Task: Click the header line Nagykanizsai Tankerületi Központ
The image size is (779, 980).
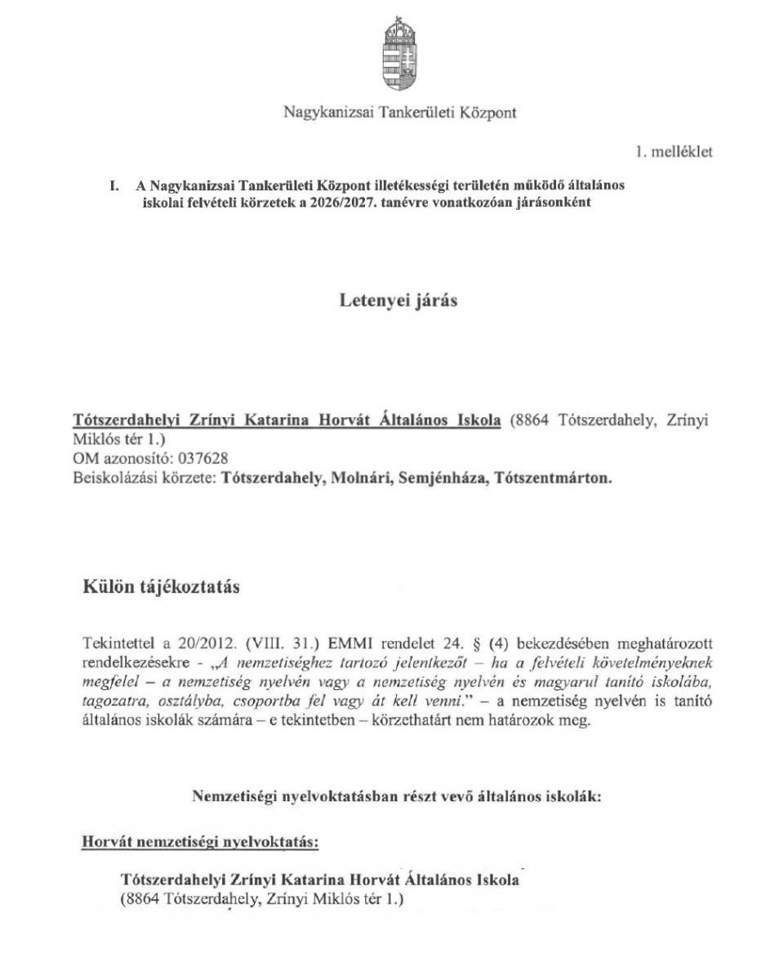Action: [399, 112]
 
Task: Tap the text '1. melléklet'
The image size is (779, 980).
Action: [674, 153]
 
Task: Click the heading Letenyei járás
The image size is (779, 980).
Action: [398, 301]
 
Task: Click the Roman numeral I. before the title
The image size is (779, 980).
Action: [115, 186]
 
